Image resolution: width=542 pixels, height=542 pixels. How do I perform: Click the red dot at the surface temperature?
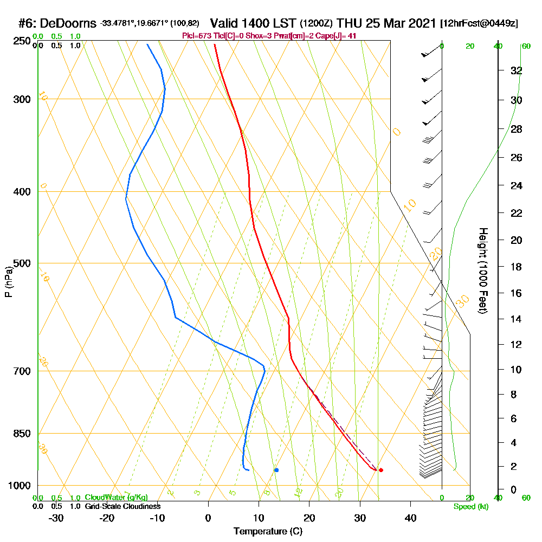[x=381, y=470]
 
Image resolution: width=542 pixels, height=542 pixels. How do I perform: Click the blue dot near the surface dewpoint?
[x=276, y=470]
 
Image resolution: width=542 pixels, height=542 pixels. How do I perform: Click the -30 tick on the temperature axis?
[x=56, y=517]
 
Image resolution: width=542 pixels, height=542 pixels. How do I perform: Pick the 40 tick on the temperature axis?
[x=410, y=517]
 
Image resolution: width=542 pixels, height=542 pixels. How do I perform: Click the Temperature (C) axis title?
[x=268, y=532]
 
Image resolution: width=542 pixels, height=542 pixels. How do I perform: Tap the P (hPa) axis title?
[x=9, y=282]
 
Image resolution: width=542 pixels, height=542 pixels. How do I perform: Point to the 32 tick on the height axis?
[x=517, y=70]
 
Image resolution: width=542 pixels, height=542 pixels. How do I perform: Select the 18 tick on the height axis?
[x=517, y=267]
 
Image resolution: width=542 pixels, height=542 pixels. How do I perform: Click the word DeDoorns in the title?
[x=68, y=24]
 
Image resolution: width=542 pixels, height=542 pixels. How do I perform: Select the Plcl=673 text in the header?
[x=198, y=36]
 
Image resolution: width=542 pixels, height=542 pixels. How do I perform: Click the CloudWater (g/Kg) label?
[x=116, y=498]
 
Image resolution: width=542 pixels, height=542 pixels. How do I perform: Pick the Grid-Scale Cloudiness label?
[x=122, y=506]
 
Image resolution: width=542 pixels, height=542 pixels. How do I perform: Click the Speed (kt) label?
[x=470, y=506]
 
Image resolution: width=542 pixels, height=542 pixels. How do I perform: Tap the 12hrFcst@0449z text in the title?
[x=480, y=24]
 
